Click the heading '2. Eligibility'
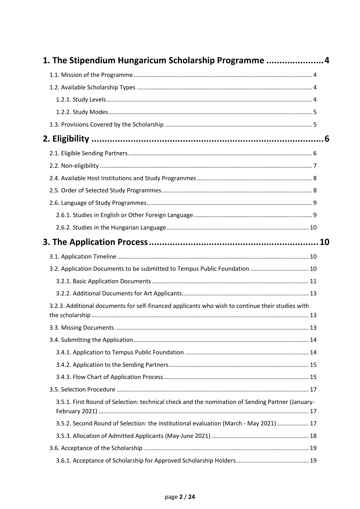coord(66,139)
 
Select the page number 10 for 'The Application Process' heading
coord(325,242)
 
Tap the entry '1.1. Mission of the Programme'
coord(91,75)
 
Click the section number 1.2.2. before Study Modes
coord(64,112)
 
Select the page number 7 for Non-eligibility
coord(315,166)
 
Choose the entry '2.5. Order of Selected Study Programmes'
coord(105,191)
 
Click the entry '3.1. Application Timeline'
coord(83,257)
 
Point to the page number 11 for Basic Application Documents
coord(313,281)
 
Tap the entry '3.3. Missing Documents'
coord(82,328)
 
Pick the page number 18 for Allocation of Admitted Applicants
coord(313,436)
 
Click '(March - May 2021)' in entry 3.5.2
coord(249,424)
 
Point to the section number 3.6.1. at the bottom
coord(64,461)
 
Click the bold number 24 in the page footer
coord(192,497)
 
